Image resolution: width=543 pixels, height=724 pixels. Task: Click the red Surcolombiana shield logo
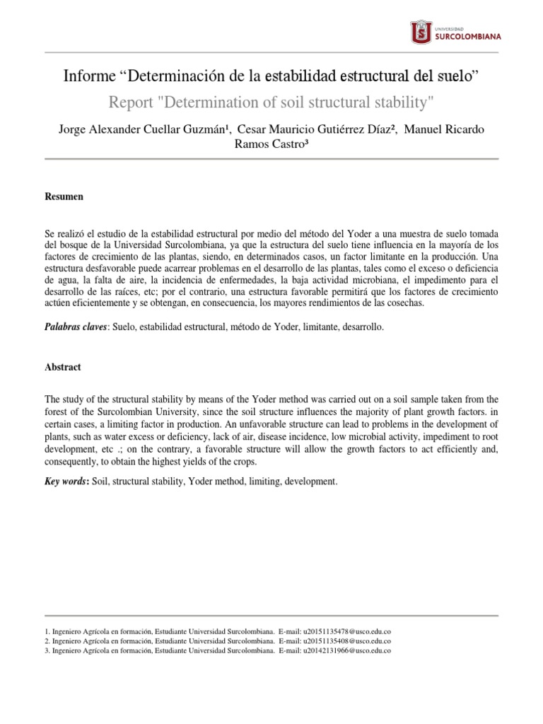coord(421,32)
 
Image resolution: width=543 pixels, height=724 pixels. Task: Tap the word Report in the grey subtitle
coord(132,103)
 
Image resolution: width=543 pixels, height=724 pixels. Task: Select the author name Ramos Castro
coord(271,144)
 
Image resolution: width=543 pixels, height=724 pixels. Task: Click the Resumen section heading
coord(64,197)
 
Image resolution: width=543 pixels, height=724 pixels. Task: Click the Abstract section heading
coord(62,368)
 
